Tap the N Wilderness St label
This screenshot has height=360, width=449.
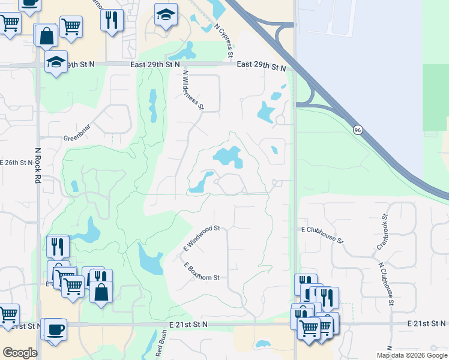pyautogui.click(x=193, y=91)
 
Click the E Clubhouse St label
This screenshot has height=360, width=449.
pyautogui.click(x=322, y=235)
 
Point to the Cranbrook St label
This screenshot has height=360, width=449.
pyautogui.click(x=382, y=229)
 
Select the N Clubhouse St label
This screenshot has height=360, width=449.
pyautogui.click(x=385, y=284)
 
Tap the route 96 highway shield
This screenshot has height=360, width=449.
pyautogui.click(x=357, y=130)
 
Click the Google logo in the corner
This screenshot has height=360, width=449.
pyautogui.click(x=20, y=353)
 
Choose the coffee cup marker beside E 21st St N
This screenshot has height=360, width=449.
pyautogui.click(x=56, y=329)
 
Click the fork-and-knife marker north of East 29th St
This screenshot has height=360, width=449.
pyautogui.click(x=112, y=20)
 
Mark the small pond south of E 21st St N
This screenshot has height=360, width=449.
pyautogui.click(x=262, y=344)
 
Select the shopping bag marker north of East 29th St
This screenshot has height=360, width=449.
pyautogui.click(x=46, y=35)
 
